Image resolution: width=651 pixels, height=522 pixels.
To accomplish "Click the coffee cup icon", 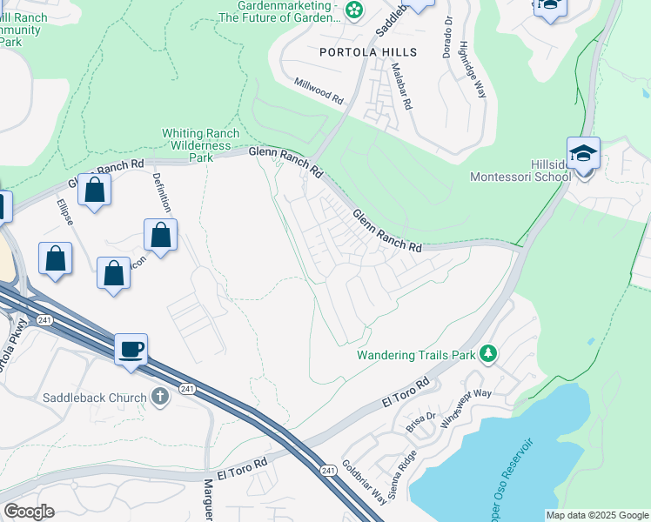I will pos(131,350).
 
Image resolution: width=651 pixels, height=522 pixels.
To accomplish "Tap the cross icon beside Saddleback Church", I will pos(159,398).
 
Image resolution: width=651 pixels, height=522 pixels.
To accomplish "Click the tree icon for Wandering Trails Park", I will pos(489,354).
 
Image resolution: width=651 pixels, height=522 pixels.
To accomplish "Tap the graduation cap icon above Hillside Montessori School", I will pos(583,153).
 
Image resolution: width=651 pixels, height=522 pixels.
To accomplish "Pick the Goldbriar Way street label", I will pos(364,482).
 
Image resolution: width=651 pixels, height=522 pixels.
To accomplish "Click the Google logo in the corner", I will pos(29,511).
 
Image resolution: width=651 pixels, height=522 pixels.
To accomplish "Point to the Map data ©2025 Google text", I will pos(596,515).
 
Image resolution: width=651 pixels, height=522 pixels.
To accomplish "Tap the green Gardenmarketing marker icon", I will pos(353,10).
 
